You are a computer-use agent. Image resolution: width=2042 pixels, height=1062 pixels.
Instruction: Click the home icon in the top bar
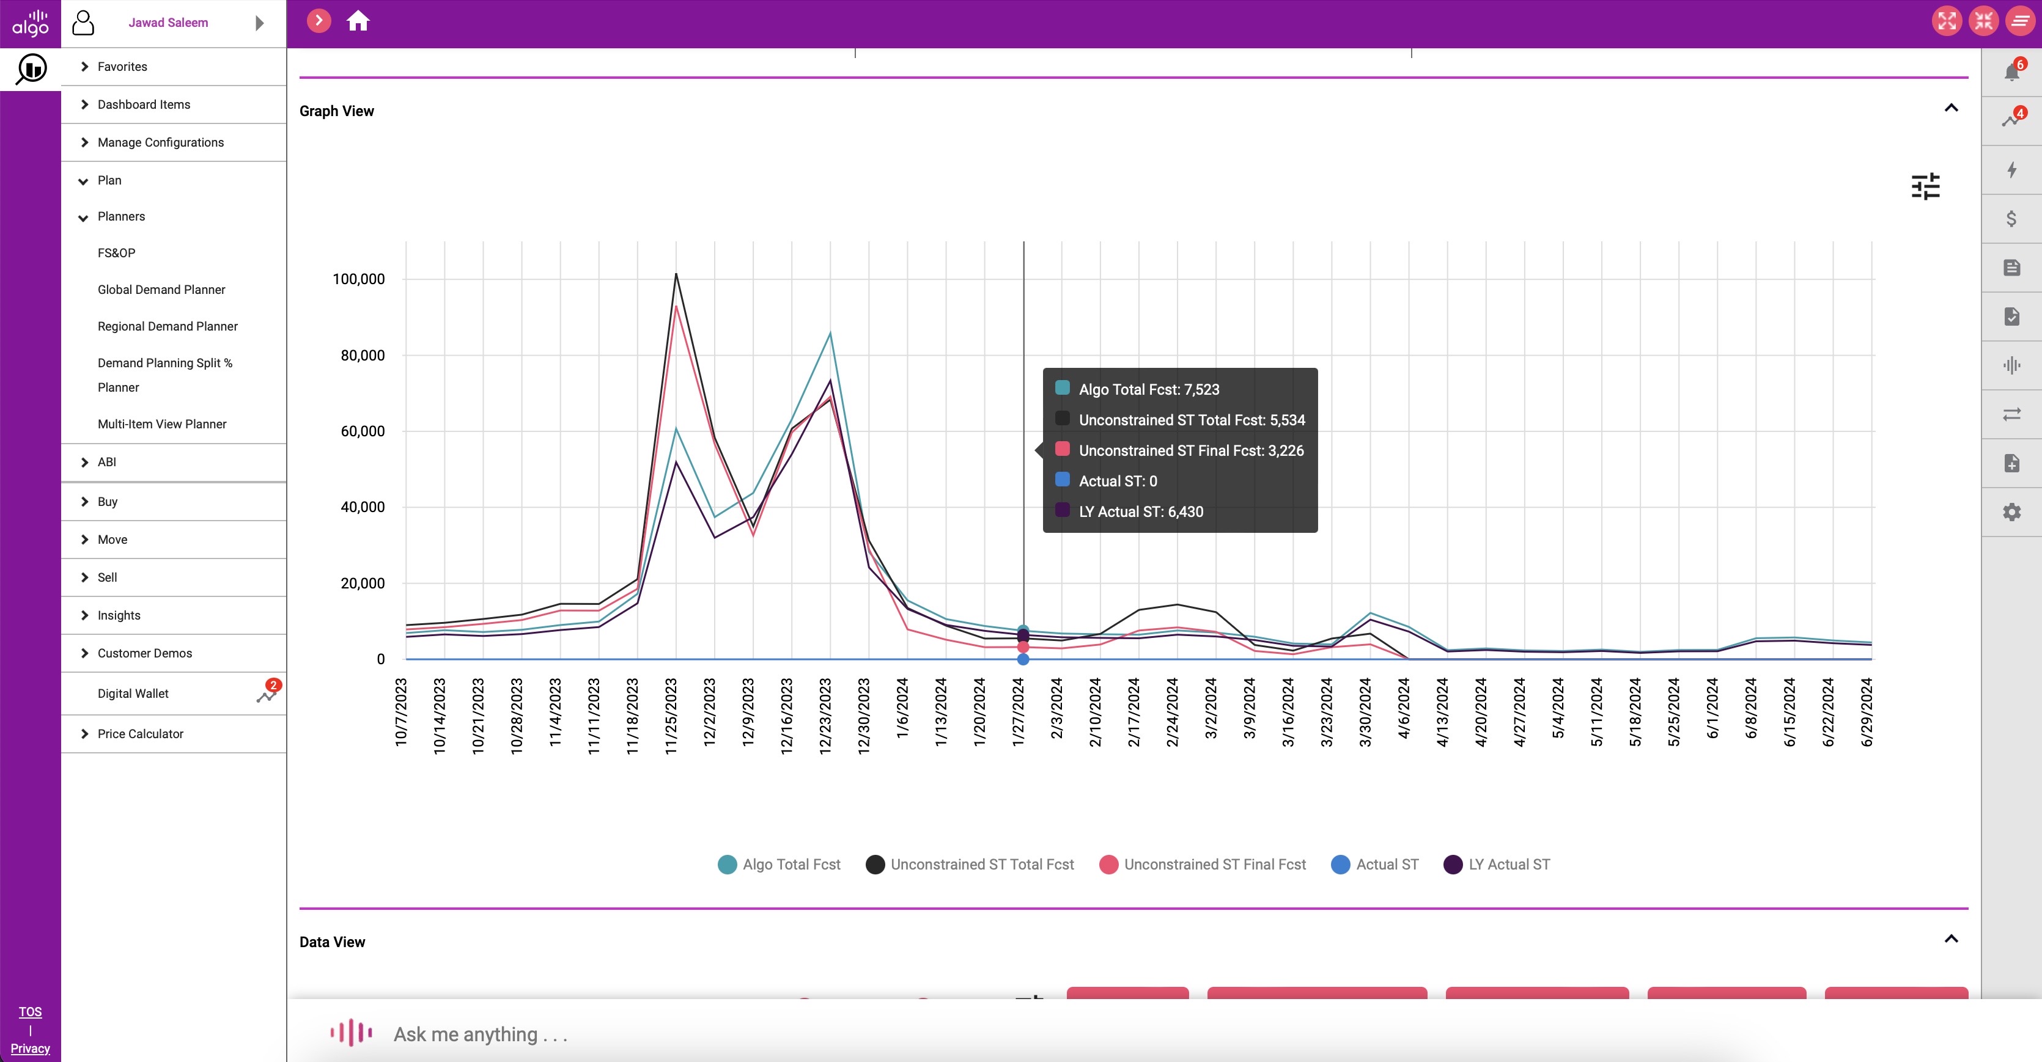[358, 21]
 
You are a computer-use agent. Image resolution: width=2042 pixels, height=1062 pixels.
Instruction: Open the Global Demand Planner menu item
[161, 289]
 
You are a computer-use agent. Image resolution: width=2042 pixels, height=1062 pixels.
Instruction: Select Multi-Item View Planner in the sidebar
[162, 424]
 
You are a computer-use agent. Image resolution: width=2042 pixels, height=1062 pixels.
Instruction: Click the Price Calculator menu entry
[140, 734]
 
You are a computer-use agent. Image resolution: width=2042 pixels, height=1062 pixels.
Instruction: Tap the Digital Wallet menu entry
[133, 694]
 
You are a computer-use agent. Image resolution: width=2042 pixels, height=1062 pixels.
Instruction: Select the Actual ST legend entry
[1376, 865]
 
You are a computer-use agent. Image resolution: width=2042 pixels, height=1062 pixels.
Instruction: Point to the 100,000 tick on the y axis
[358, 279]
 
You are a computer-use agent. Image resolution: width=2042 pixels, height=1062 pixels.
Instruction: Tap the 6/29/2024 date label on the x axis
[1867, 712]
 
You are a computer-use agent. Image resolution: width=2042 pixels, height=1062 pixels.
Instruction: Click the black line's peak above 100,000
[676, 274]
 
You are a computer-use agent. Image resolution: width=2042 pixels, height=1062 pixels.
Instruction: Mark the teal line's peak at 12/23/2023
[830, 333]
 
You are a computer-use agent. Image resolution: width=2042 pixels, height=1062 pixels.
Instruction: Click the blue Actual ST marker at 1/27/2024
[1023, 659]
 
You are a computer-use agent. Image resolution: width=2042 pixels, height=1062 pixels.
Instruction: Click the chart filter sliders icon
[1925, 186]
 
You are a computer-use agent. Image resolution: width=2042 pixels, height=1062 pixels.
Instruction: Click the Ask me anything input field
[951, 1035]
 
